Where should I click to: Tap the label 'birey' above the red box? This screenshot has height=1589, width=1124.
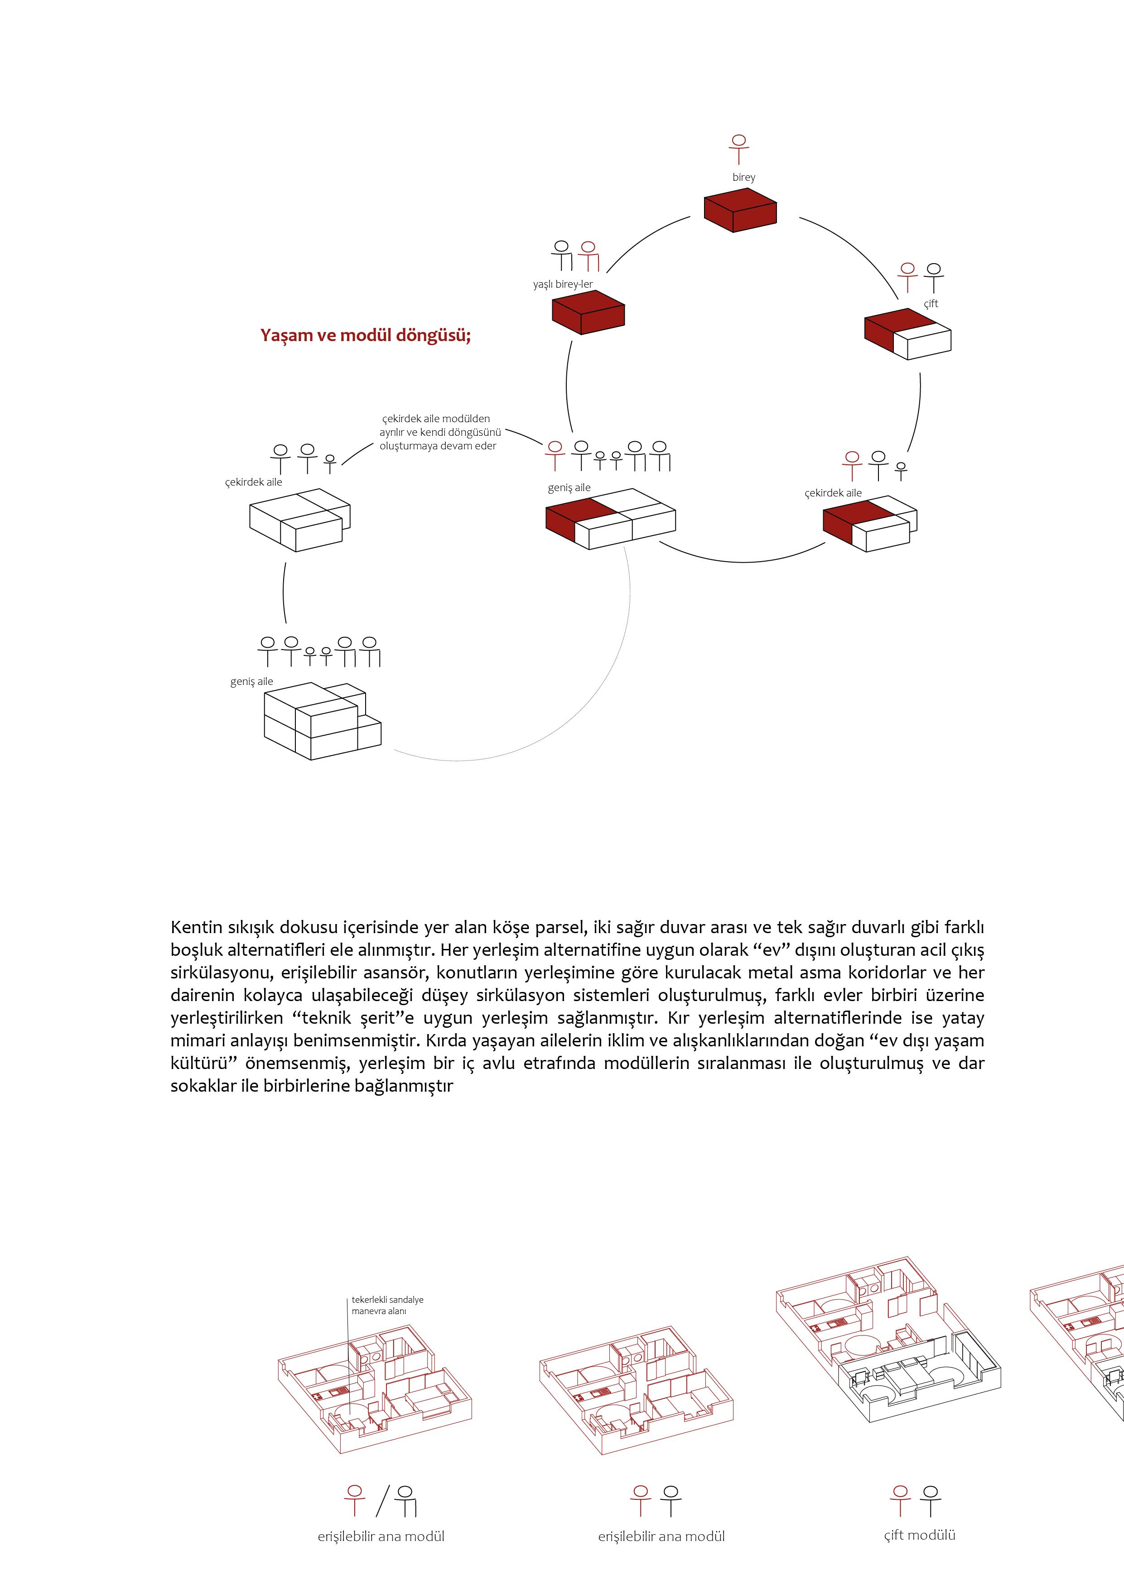pos(743,177)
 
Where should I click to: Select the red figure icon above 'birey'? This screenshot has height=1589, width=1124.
pos(739,149)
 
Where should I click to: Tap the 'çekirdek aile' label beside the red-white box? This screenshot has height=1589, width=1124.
pos(833,493)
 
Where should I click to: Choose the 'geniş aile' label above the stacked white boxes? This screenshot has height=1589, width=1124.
pos(251,682)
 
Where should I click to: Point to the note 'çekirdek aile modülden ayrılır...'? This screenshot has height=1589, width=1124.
pos(438,432)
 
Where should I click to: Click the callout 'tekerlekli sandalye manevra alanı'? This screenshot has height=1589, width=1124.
pos(387,1305)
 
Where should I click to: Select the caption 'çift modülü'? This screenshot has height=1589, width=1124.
pos(919,1535)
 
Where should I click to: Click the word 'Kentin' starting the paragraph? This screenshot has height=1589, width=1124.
pos(196,927)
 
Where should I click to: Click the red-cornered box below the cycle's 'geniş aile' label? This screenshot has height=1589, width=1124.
pos(610,519)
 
